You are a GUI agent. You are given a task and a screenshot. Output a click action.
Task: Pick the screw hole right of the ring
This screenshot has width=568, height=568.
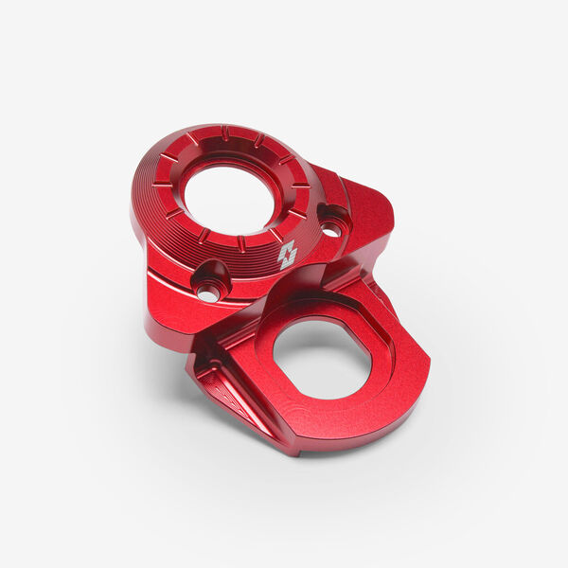[330, 228]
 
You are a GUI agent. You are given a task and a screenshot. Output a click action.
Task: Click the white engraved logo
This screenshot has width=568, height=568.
[287, 254]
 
